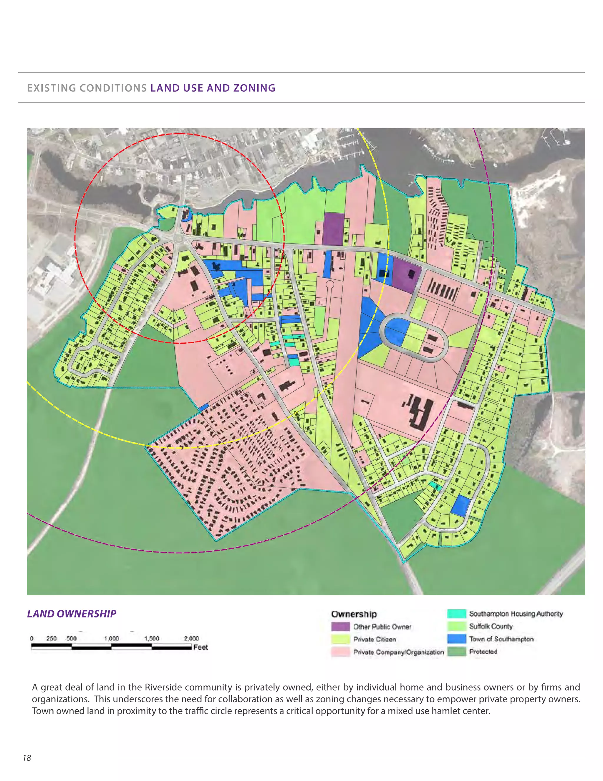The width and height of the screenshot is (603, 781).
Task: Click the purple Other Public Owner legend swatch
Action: coord(340,627)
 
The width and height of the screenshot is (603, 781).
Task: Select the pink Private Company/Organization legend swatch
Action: coord(340,652)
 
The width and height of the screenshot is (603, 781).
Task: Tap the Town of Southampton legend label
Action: coord(501,639)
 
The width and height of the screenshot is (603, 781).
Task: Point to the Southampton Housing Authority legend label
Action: coord(516,614)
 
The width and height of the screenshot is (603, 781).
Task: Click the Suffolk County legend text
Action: coord(491,626)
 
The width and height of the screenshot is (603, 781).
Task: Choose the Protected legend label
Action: coord(483,652)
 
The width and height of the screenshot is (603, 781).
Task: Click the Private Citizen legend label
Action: coord(375,640)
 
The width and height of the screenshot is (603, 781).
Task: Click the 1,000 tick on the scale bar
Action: coord(112,639)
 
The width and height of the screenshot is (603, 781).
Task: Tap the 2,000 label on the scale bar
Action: coord(191,639)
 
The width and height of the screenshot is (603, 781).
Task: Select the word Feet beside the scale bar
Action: coord(201,647)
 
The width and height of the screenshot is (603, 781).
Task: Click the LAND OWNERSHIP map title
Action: coord(72,614)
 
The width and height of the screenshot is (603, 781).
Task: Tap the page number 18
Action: coord(27,758)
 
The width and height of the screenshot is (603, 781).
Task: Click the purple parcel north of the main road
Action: coord(333,229)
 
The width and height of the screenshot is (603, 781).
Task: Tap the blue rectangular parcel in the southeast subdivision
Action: coord(460,505)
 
